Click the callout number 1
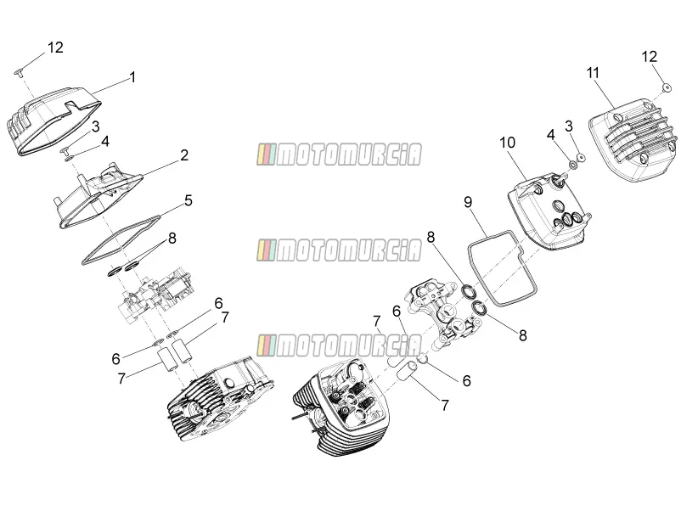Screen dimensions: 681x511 point(133,77)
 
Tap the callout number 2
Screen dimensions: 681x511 point(184,155)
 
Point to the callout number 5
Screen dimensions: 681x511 point(188,200)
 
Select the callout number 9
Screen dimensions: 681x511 point(468,202)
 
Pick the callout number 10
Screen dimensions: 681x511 point(507,143)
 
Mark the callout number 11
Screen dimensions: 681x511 point(593,73)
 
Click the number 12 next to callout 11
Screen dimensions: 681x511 point(650,56)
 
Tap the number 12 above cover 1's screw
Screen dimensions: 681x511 point(55,48)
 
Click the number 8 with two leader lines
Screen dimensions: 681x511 point(172,239)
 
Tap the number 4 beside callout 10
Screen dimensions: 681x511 point(551,135)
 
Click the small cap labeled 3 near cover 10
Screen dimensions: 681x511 point(580,157)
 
